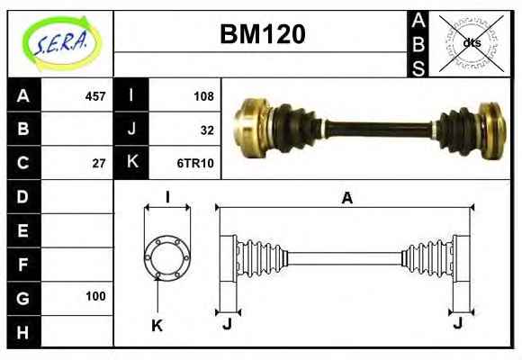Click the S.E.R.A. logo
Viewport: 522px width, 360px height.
(x=62, y=43)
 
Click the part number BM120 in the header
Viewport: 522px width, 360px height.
(x=263, y=34)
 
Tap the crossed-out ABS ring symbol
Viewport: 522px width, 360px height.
(x=472, y=43)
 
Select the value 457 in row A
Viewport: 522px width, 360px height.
(x=95, y=96)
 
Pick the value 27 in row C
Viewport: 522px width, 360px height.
(x=99, y=164)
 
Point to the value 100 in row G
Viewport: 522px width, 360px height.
(x=95, y=296)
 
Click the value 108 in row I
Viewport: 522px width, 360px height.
(x=203, y=96)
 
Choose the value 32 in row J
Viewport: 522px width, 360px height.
(x=207, y=130)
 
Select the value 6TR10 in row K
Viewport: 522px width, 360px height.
(x=195, y=164)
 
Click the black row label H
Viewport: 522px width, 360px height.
(x=23, y=332)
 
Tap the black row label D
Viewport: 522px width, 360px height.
(x=23, y=197)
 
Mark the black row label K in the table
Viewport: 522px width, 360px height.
(x=131, y=162)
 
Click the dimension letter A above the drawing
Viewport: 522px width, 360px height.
(x=346, y=198)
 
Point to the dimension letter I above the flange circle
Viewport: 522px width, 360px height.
(x=167, y=197)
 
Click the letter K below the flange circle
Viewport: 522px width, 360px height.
(x=157, y=326)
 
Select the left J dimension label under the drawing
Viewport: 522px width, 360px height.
(x=227, y=323)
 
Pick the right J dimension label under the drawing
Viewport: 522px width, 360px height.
(x=458, y=322)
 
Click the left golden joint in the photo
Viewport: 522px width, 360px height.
(x=253, y=128)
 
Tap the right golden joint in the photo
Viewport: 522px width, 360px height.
(x=492, y=130)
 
